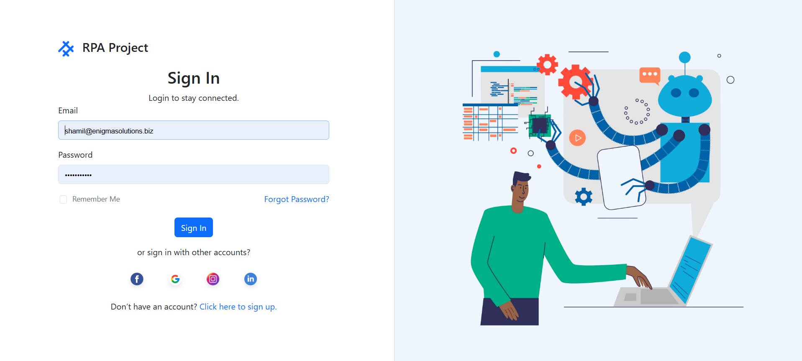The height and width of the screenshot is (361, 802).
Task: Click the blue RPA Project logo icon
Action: tap(66, 49)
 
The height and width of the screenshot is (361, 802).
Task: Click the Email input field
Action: tap(194, 130)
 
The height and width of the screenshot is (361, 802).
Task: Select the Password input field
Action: tap(194, 174)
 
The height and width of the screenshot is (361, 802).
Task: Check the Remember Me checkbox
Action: tap(64, 200)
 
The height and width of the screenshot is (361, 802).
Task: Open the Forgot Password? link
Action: tap(297, 199)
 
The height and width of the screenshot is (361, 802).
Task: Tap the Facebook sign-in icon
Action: tap(137, 279)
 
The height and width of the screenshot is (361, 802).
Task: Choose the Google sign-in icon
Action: tap(175, 279)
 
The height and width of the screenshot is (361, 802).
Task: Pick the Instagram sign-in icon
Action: tap(213, 279)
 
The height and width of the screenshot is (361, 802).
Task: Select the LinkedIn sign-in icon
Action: tap(251, 279)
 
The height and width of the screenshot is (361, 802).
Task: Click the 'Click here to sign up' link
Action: tap(238, 307)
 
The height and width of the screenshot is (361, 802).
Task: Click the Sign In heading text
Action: tap(194, 78)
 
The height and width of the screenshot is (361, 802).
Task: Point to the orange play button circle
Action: tap(577, 138)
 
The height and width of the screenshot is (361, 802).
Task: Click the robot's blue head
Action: tap(685, 96)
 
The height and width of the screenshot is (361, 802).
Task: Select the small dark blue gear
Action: tap(584, 197)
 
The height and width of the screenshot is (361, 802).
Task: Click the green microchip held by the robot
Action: tap(540, 125)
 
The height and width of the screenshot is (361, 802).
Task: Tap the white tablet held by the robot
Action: tap(621, 177)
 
